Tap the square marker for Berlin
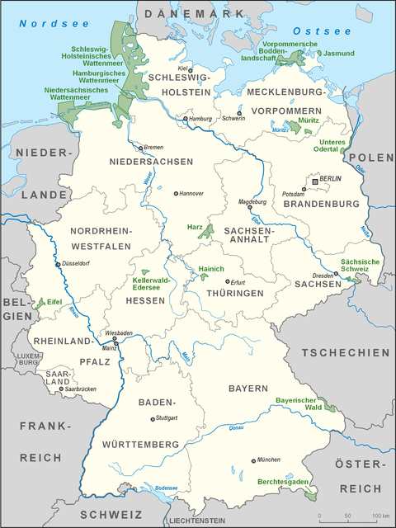[314, 180]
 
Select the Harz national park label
[188, 225]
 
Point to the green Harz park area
[208, 232]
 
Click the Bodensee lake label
[166, 488]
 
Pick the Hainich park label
[212, 270]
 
